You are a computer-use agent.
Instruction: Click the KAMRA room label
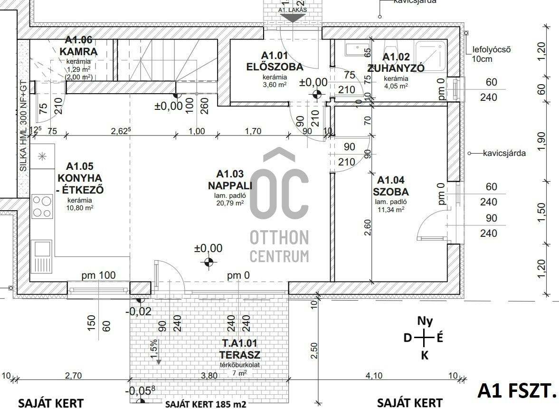[x=79, y=51]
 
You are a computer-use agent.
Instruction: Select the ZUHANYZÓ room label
[x=396, y=68]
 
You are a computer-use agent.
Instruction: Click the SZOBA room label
[x=391, y=192]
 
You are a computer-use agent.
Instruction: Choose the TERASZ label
[x=240, y=354]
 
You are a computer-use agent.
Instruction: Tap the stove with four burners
[x=42, y=206]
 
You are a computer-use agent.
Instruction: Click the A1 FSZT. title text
[x=517, y=390]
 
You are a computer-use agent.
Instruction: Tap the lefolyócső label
[x=492, y=49]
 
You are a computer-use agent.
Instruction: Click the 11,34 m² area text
[x=391, y=208]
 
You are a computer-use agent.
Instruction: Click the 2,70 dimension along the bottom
[x=73, y=375]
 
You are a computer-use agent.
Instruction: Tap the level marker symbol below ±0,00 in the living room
[x=208, y=261]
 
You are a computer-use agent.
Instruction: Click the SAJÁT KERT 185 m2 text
[x=206, y=404]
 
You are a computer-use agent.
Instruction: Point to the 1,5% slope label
[x=153, y=346]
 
